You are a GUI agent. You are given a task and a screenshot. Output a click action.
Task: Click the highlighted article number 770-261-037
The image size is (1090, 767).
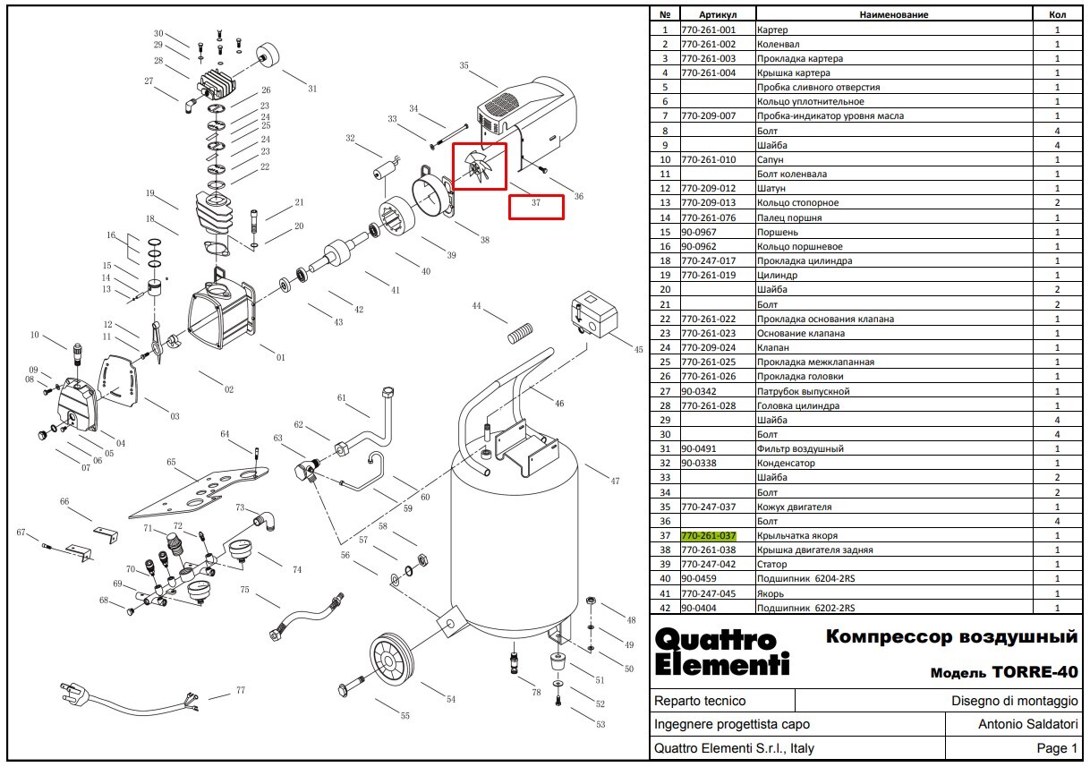709,536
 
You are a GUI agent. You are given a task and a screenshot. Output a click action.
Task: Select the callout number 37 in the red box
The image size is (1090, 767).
536,202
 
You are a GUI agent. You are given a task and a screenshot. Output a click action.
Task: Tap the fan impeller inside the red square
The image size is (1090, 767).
479,166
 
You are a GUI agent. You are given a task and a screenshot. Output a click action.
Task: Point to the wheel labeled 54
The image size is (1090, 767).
392,660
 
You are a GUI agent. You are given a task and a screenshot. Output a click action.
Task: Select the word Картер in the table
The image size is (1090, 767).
771,30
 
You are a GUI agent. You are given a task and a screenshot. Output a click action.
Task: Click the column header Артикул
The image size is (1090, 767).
718,14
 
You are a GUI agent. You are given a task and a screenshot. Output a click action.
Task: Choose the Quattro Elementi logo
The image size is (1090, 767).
721,652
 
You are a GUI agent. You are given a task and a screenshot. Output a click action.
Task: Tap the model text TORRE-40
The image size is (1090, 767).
1035,672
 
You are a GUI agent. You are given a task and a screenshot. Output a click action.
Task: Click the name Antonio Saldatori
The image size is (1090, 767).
1027,725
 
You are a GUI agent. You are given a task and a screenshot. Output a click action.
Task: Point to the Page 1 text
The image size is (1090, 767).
1057,748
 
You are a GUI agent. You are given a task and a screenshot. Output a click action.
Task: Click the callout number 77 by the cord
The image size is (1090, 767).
241,690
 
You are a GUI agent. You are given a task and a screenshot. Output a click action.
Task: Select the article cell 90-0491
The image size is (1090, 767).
698,448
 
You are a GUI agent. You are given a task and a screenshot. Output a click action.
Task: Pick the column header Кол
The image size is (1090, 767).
1057,14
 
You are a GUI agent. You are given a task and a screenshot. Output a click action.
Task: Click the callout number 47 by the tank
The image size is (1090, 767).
615,482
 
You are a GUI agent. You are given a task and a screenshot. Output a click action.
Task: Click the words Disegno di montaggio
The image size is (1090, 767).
1015,702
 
